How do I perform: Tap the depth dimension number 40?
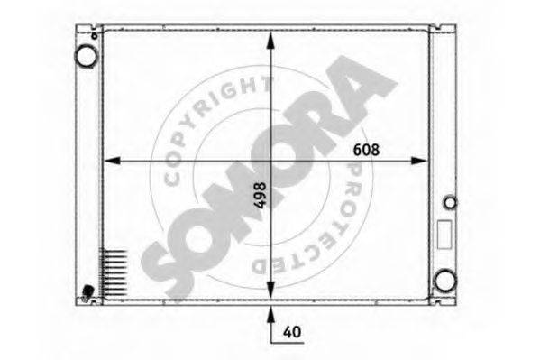pos(290,332)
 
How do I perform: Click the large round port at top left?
pos(86,56)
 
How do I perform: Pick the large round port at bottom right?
pos(443,280)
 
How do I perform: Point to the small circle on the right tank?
pos(451,201)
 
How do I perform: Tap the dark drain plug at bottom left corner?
pos(87,291)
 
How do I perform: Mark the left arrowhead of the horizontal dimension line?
pos(110,162)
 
